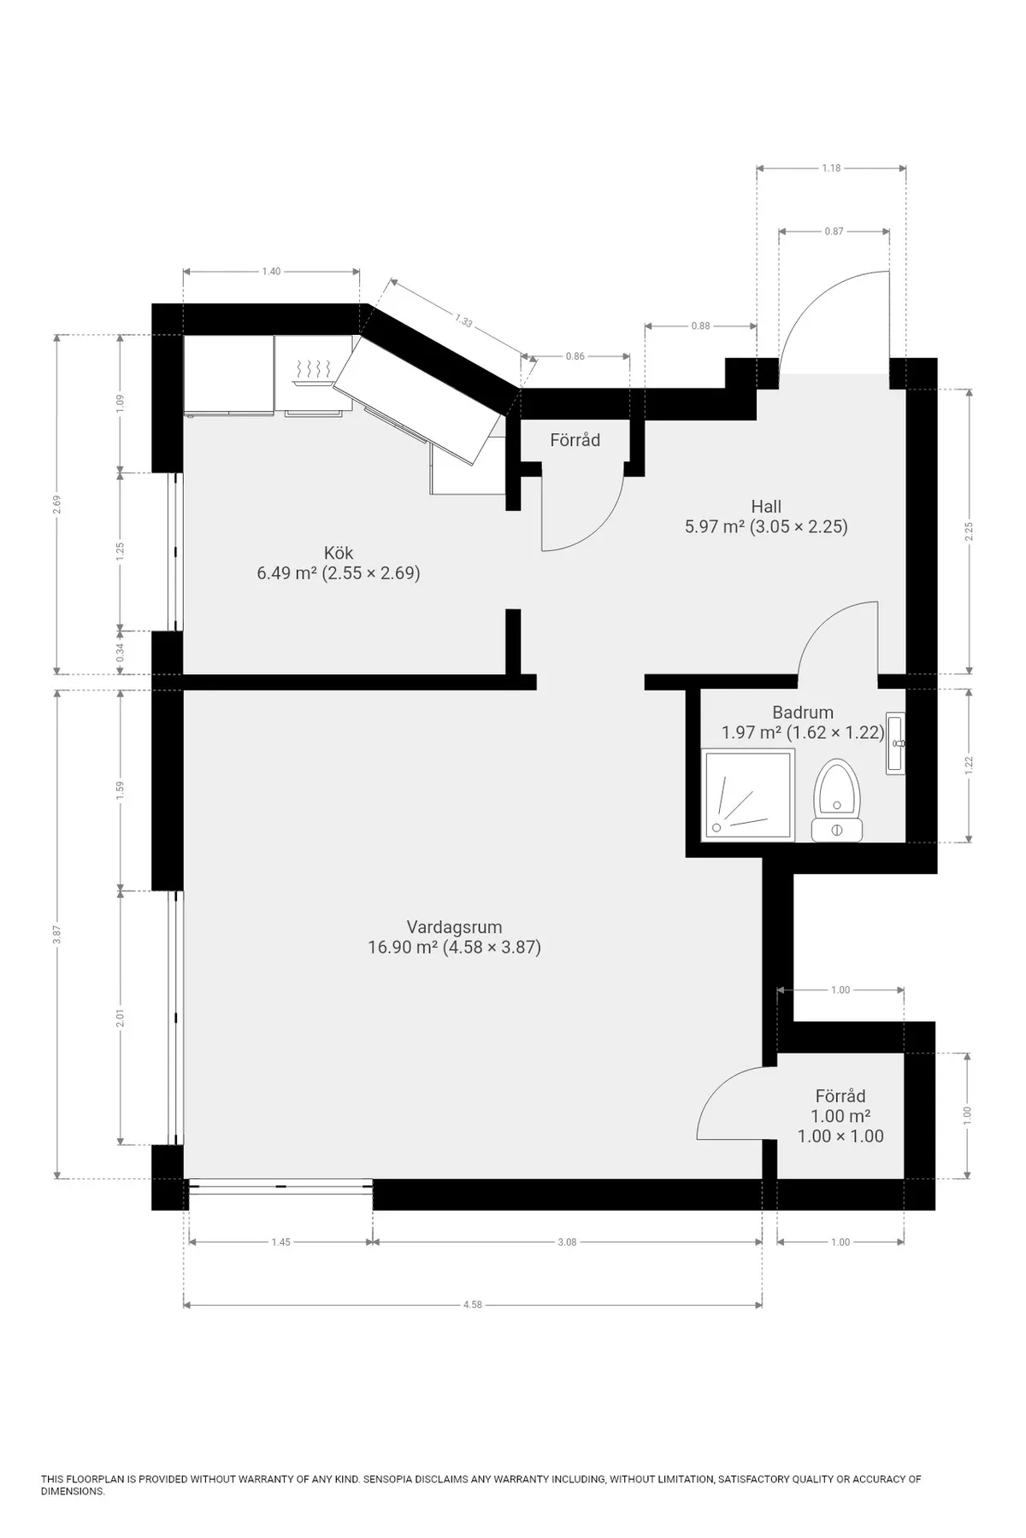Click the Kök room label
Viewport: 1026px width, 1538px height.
click(x=339, y=552)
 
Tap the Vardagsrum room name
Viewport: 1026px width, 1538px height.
click(x=454, y=927)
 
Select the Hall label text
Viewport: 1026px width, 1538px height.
click(x=766, y=506)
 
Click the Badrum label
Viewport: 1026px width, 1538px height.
click(x=802, y=712)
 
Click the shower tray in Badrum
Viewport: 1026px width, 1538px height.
click(x=747, y=794)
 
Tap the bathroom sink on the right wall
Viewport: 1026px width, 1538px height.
click(x=895, y=743)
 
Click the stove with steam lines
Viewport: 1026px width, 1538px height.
click(x=312, y=373)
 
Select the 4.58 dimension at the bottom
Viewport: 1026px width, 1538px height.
click(x=473, y=1305)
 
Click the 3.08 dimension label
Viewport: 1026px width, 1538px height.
click(x=567, y=1242)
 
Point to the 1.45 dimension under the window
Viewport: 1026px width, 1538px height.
click(x=280, y=1242)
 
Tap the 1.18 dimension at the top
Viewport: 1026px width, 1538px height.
click(x=831, y=168)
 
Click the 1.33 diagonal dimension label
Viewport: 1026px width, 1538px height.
click(x=463, y=320)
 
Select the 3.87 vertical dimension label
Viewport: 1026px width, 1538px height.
click(x=56, y=934)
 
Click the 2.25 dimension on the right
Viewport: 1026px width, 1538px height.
click(x=969, y=531)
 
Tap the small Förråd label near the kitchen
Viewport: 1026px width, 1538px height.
click(x=575, y=440)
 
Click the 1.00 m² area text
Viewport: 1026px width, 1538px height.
click(x=840, y=1116)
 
